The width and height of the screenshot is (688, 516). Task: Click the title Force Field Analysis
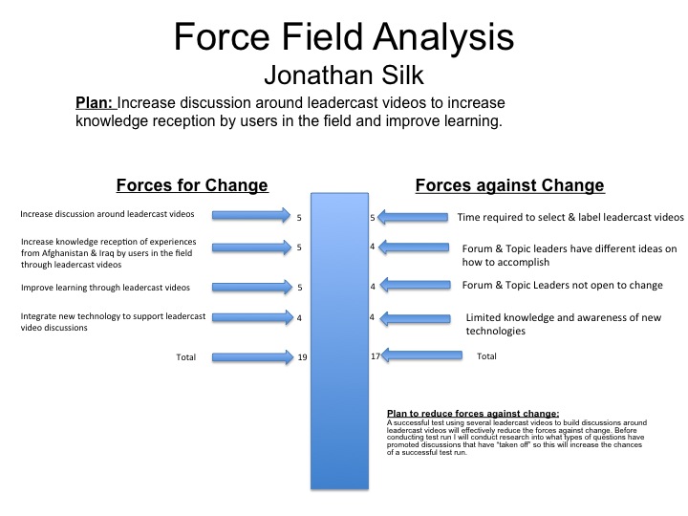click(x=344, y=37)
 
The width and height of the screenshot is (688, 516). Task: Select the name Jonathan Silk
click(x=344, y=75)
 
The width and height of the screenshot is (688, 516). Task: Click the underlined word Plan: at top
click(x=95, y=102)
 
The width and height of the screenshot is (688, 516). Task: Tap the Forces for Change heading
click(x=192, y=185)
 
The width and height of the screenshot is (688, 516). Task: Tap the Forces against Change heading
click(x=510, y=185)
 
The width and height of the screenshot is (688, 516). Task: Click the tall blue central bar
click(x=339, y=340)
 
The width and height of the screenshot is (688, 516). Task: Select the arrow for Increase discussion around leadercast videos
click(x=251, y=215)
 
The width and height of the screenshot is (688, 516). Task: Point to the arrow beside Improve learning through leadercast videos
click(x=252, y=287)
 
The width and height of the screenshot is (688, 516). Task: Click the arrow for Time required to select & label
click(x=413, y=217)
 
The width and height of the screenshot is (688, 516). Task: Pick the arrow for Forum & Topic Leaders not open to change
click(x=415, y=285)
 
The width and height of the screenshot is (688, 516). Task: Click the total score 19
click(x=302, y=357)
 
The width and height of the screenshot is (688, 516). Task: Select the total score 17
click(x=376, y=355)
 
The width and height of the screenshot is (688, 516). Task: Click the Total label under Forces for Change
click(x=186, y=357)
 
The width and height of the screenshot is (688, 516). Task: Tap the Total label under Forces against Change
click(x=486, y=356)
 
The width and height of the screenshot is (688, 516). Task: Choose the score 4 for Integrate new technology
click(x=299, y=318)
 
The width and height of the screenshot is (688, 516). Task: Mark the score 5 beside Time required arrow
click(x=373, y=218)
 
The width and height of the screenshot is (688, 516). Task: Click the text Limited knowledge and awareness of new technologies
click(x=564, y=324)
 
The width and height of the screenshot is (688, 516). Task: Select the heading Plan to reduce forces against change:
click(x=473, y=414)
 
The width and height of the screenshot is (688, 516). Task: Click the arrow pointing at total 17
click(x=421, y=355)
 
